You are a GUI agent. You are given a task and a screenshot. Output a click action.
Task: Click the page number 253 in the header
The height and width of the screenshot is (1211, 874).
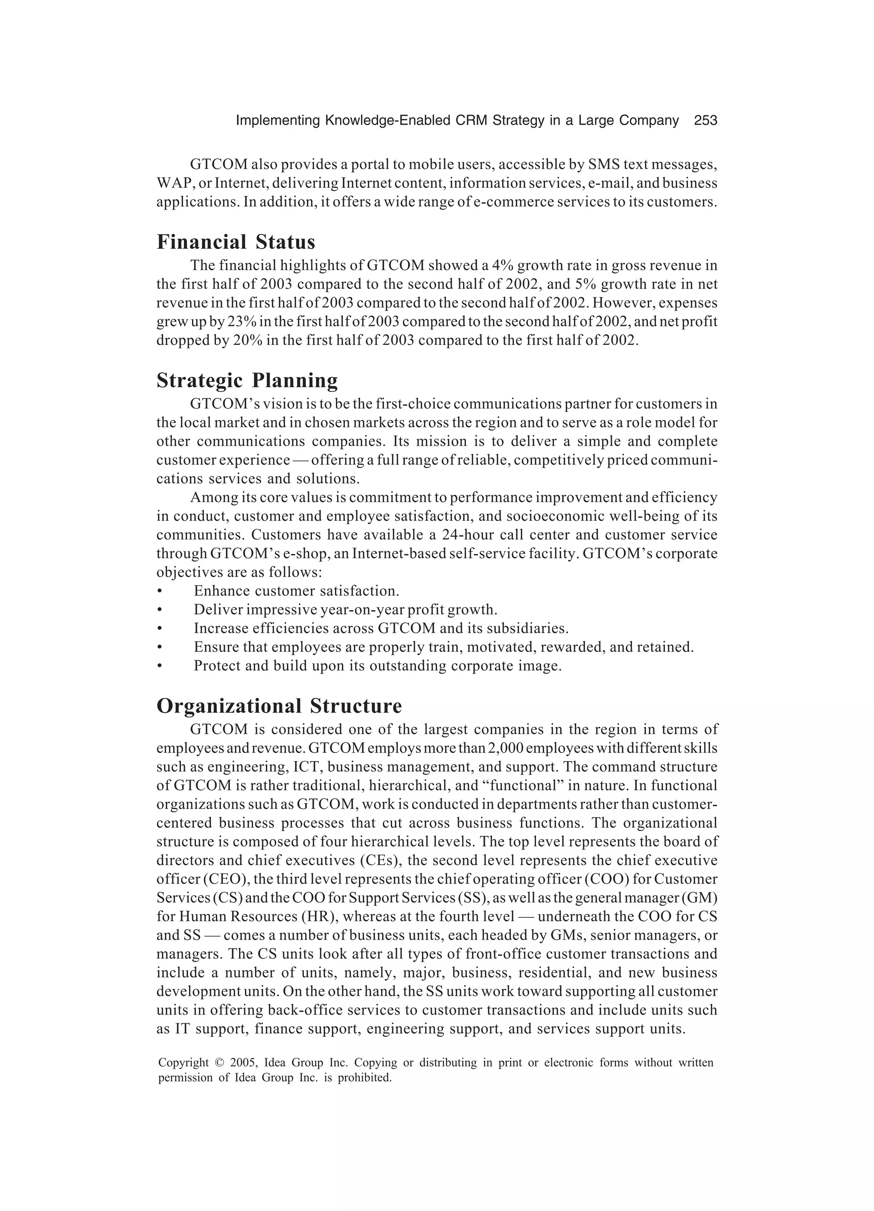[x=705, y=121]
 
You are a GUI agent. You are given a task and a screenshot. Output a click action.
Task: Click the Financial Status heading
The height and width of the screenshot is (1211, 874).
[x=236, y=242]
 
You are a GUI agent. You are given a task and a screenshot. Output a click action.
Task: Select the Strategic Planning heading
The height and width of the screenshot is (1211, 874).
[x=247, y=380]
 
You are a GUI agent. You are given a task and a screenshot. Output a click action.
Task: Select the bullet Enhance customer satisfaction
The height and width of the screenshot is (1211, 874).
[x=296, y=591]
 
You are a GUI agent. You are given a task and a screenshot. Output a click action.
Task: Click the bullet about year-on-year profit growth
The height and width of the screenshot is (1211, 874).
[x=345, y=610]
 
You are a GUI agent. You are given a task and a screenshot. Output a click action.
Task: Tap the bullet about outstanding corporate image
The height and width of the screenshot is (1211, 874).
[x=378, y=666]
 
